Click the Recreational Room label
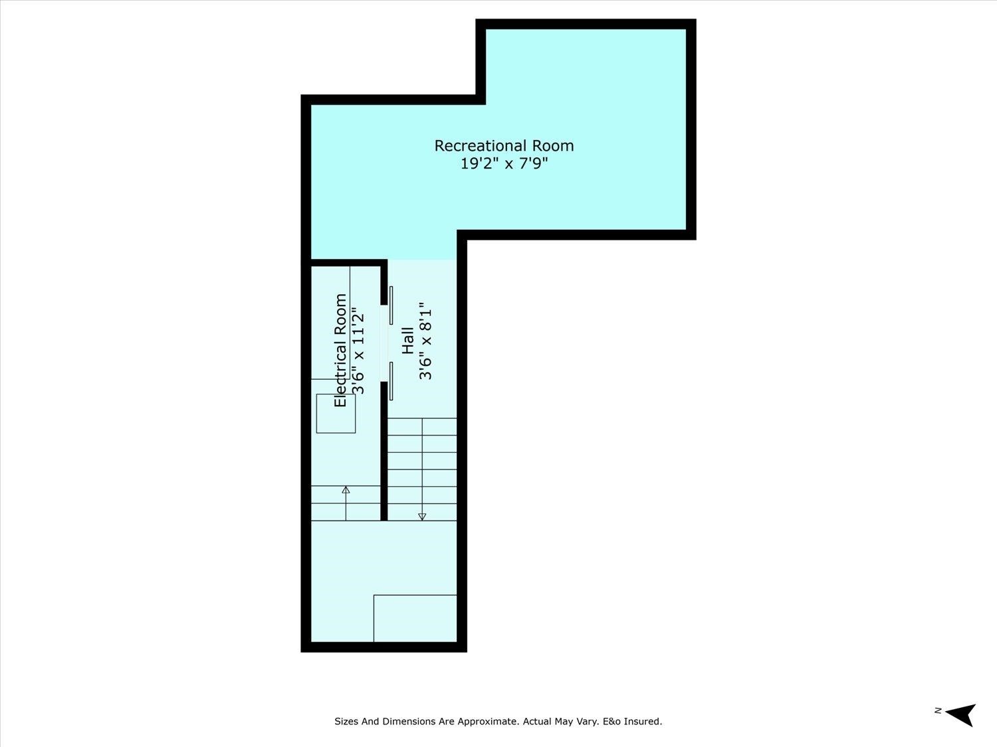click(x=504, y=146)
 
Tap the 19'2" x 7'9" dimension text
click(x=504, y=163)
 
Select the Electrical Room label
click(x=340, y=350)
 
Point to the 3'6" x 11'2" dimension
click(x=358, y=350)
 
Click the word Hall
click(x=408, y=340)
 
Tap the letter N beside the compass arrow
click(x=938, y=710)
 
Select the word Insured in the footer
click(x=642, y=721)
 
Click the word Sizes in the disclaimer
click(x=346, y=721)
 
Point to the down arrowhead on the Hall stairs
click(x=422, y=517)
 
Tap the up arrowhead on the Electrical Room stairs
click(x=346, y=490)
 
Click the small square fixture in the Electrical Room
click(x=336, y=414)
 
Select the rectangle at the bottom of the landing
click(x=415, y=618)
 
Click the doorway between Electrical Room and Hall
click(x=384, y=343)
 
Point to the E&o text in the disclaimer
click(x=611, y=721)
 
